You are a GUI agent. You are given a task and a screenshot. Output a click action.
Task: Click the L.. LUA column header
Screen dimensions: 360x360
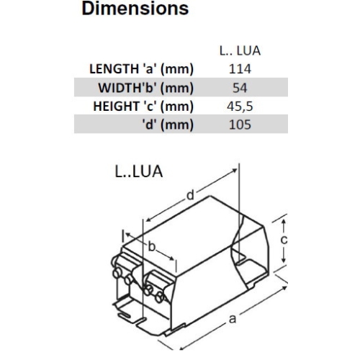tap(239, 53)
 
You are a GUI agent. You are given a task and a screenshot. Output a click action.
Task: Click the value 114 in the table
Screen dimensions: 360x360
tap(239, 70)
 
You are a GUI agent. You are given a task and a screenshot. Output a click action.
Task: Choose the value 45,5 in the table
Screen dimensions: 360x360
tap(239, 106)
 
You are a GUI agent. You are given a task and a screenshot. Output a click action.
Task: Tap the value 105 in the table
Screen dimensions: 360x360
tap(239, 124)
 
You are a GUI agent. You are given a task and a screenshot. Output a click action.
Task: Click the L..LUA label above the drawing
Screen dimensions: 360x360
tap(138, 173)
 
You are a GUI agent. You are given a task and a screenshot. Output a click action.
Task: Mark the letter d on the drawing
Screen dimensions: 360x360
tap(189, 195)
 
